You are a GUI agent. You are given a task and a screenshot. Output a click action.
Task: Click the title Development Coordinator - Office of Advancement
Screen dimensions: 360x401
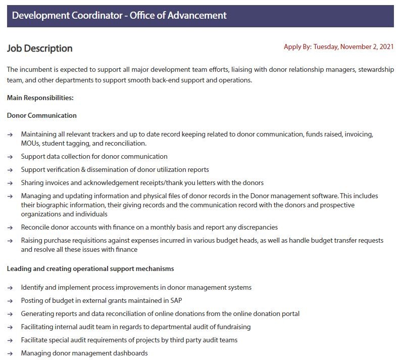coord(119,15)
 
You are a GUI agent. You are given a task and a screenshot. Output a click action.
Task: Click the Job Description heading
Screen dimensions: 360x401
coord(40,49)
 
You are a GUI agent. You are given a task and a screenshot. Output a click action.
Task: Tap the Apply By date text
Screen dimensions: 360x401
coord(338,47)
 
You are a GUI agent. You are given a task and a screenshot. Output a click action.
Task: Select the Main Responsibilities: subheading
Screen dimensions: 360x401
coord(40,98)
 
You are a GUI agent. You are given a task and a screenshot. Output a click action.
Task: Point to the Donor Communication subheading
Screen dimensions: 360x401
coord(42,115)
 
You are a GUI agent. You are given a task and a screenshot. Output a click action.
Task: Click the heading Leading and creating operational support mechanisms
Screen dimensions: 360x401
coord(90,268)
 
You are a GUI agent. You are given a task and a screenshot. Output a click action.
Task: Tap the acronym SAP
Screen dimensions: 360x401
coord(176,300)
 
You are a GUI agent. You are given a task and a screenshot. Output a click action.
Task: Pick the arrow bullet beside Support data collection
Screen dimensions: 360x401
coord(10,157)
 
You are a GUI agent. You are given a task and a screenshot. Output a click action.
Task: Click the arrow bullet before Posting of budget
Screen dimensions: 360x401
coord(10,301)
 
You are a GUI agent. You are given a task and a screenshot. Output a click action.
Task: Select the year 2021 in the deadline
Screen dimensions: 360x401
coord(385,47)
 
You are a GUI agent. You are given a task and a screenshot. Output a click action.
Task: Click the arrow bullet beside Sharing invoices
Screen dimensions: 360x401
coord(10,183)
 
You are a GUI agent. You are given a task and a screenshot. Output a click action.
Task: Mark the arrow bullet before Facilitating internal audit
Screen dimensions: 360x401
coord(10,327)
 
